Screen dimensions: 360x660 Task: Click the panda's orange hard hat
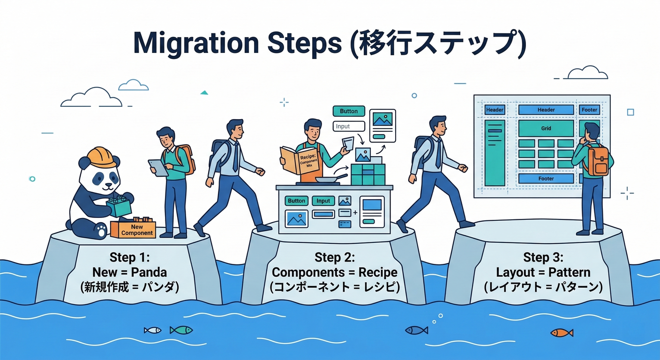[102, 157]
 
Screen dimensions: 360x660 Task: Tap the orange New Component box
[134, 228]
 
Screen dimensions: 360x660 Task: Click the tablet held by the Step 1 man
[158, 167]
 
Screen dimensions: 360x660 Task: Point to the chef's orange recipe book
[295, 162]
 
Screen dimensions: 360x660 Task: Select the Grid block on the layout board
[546, 128]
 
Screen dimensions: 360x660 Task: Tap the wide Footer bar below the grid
[546, 179]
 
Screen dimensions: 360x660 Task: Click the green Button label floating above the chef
[349, 111]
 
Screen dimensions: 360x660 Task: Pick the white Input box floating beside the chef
[349, 126]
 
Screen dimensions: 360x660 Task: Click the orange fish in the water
[562, 332]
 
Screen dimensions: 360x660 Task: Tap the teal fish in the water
[181, 330]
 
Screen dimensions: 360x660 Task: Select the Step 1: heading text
[129, 257]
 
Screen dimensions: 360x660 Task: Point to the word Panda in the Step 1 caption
[149, 272]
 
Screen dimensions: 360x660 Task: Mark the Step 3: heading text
[543, 257]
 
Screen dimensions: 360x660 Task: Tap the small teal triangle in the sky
[204, 92]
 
